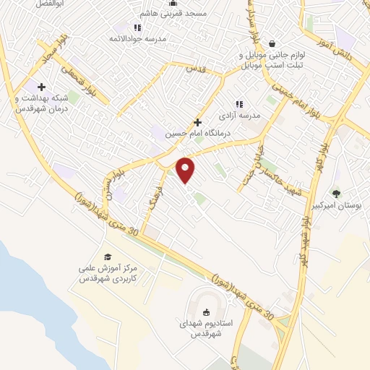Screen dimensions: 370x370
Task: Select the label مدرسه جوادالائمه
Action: (x=138, y=38)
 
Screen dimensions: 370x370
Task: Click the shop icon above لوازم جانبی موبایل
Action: (x=271, y=43)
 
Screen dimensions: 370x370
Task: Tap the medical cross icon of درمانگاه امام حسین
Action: (x=197, y=123)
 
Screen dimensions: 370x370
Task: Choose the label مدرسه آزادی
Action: (x=244, y=115)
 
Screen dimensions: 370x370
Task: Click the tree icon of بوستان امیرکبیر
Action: (x=336, y=193)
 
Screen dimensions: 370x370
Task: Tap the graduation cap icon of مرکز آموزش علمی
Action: (x=108, y=257)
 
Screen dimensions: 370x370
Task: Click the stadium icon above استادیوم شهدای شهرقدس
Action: (x=207, y=312)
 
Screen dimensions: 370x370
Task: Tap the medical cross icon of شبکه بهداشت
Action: (x=41, y=87)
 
